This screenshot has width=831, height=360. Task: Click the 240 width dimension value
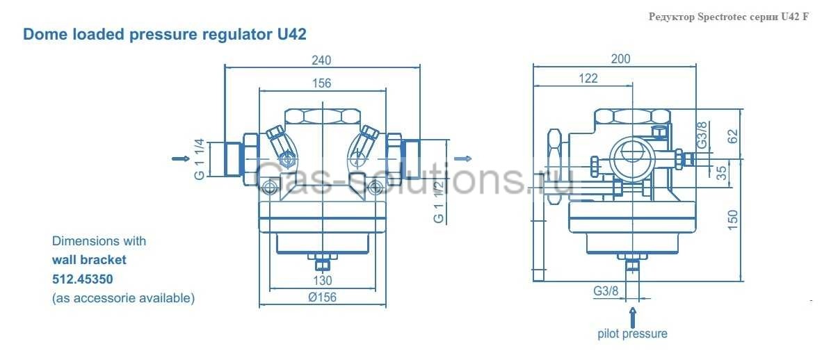321,60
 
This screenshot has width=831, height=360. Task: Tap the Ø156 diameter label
322,297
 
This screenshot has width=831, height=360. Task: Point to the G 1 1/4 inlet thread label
200,159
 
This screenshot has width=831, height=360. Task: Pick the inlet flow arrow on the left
180,158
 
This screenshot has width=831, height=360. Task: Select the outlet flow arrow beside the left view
462,158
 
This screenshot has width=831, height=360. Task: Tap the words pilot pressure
632,334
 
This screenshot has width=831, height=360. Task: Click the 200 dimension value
620,59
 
